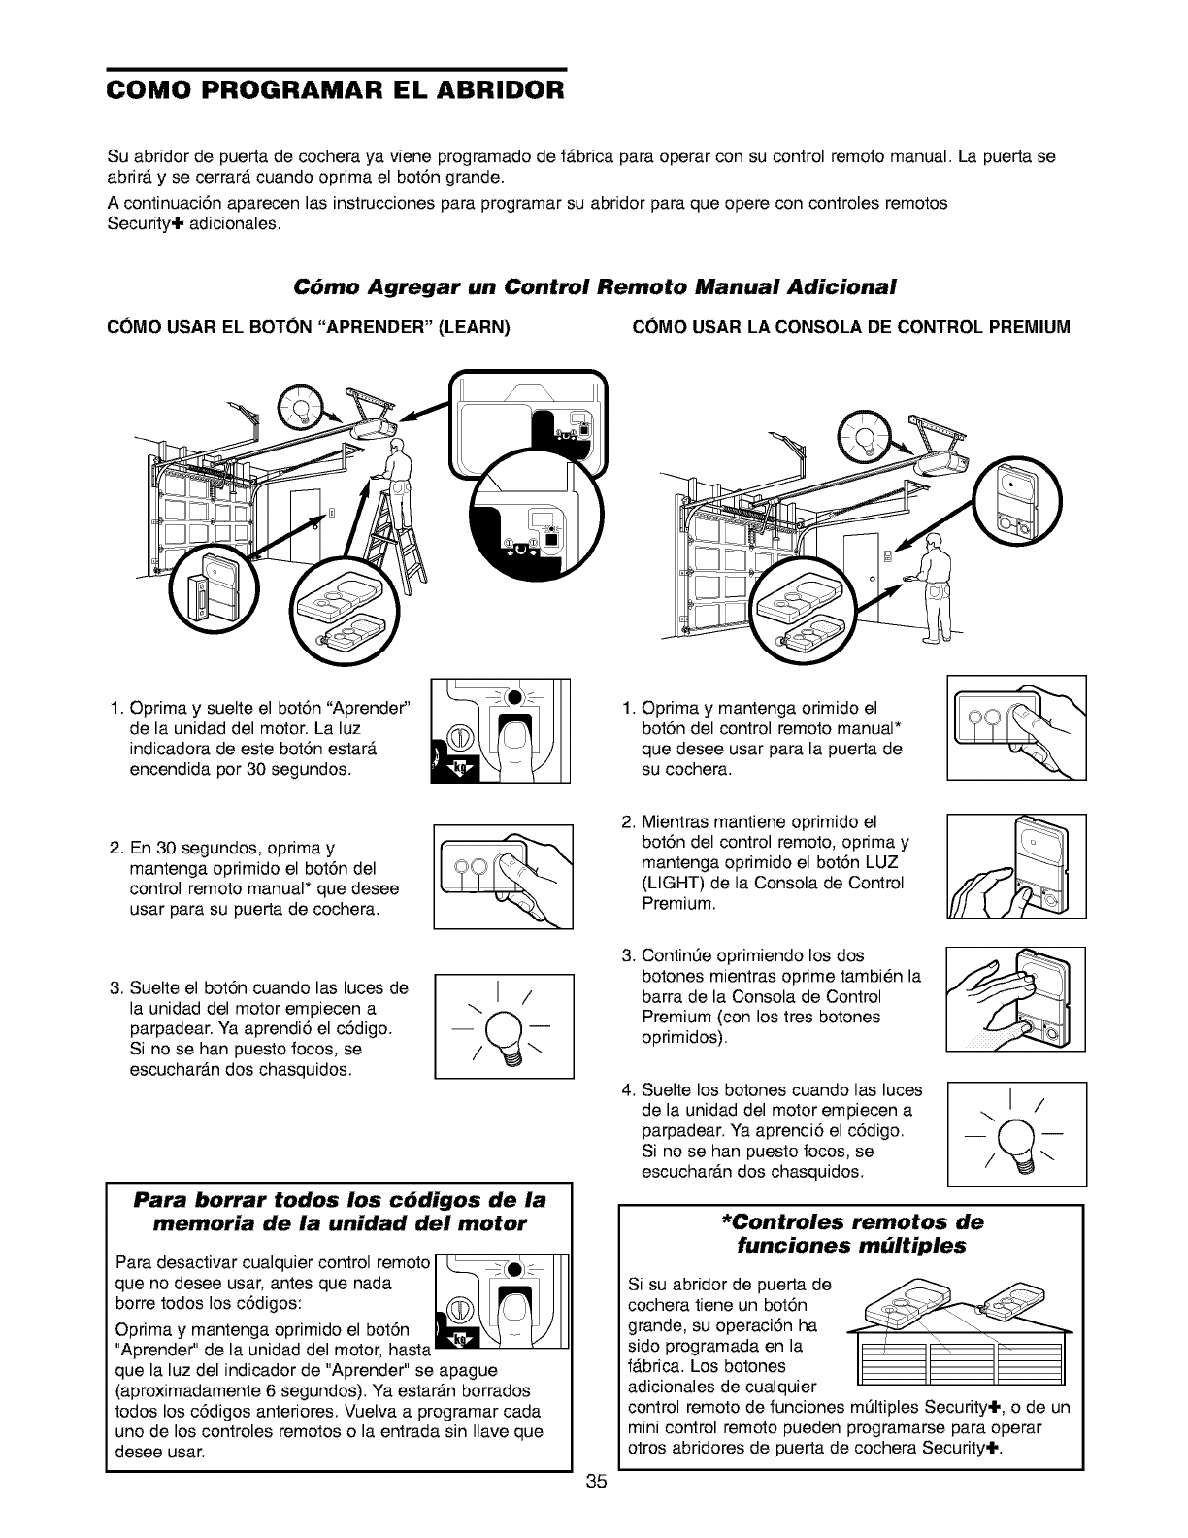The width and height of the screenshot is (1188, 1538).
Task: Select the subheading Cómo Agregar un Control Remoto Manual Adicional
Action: tap(593, 287)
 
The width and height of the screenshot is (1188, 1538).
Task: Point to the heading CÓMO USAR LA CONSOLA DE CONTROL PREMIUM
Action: tap(851, 327)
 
